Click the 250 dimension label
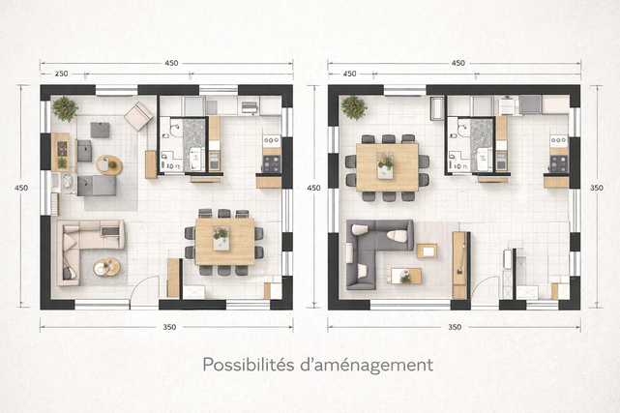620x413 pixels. pos(61,74)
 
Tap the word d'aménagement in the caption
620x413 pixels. pos(367,366)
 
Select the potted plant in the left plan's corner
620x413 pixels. pos(65,108)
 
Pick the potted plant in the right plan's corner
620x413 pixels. pos(353,107)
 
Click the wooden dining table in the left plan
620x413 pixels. pos(224,242)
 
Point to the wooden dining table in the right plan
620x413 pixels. pos(387,167)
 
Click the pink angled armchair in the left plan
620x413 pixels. pos(138,116)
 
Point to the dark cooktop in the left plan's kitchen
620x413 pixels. pos(272,163)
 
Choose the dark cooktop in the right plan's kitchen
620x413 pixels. pos(559,164)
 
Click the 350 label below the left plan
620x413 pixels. pos(169,327)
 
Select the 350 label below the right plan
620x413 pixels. pos(455,327)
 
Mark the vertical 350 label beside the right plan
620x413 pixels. pos(596,188)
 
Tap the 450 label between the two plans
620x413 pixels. pos(313,188)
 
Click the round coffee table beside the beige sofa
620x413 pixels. pos(106,268)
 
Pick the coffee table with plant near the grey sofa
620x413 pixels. pos(406,277)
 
